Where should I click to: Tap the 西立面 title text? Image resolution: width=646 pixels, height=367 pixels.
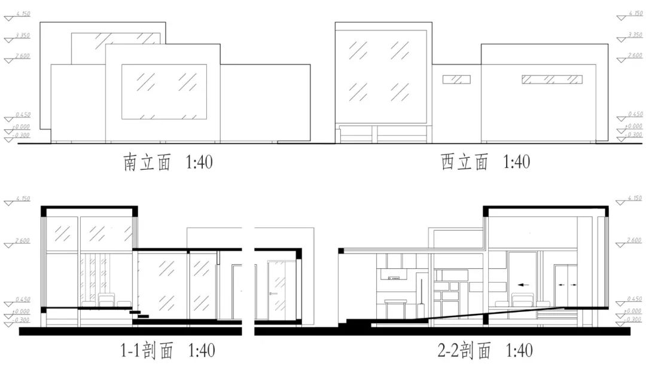point(464,162)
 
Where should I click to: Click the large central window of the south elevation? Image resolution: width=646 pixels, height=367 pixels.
point(164,91)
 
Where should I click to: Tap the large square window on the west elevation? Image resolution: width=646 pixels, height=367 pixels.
point(380,74)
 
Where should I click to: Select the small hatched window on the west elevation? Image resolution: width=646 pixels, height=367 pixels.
point(456,79)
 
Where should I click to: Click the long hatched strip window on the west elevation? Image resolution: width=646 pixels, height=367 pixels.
point(551,79)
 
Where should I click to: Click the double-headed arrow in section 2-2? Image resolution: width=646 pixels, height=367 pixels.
point(566,285)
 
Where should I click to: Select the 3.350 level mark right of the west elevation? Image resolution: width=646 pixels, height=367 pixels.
point(634,36)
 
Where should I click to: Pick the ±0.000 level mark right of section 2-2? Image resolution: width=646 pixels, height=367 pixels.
point(634,311)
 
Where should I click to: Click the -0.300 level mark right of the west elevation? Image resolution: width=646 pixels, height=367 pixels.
point(634,135)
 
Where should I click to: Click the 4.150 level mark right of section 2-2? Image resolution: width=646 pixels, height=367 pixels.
point(634,198)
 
